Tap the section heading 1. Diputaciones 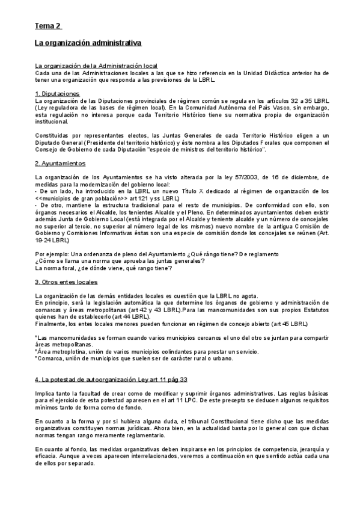57,94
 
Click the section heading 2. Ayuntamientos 60,164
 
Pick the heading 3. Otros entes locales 67,281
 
